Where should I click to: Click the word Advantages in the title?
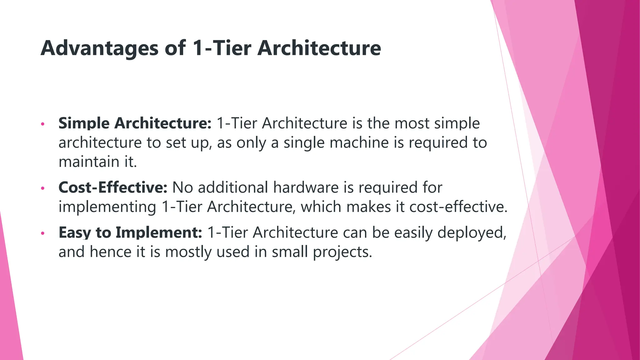(99, 48)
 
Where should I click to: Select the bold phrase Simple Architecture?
(135, 123)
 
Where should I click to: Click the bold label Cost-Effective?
(113, 187)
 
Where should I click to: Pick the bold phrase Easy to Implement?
(130, 232)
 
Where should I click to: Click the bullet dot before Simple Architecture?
(43, 124)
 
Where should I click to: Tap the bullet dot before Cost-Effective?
(43, 188)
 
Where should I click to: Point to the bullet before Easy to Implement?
(43, 233)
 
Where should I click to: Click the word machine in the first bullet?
(359, 142)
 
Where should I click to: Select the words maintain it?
(97, 162)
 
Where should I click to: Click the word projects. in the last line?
(342, 252)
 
